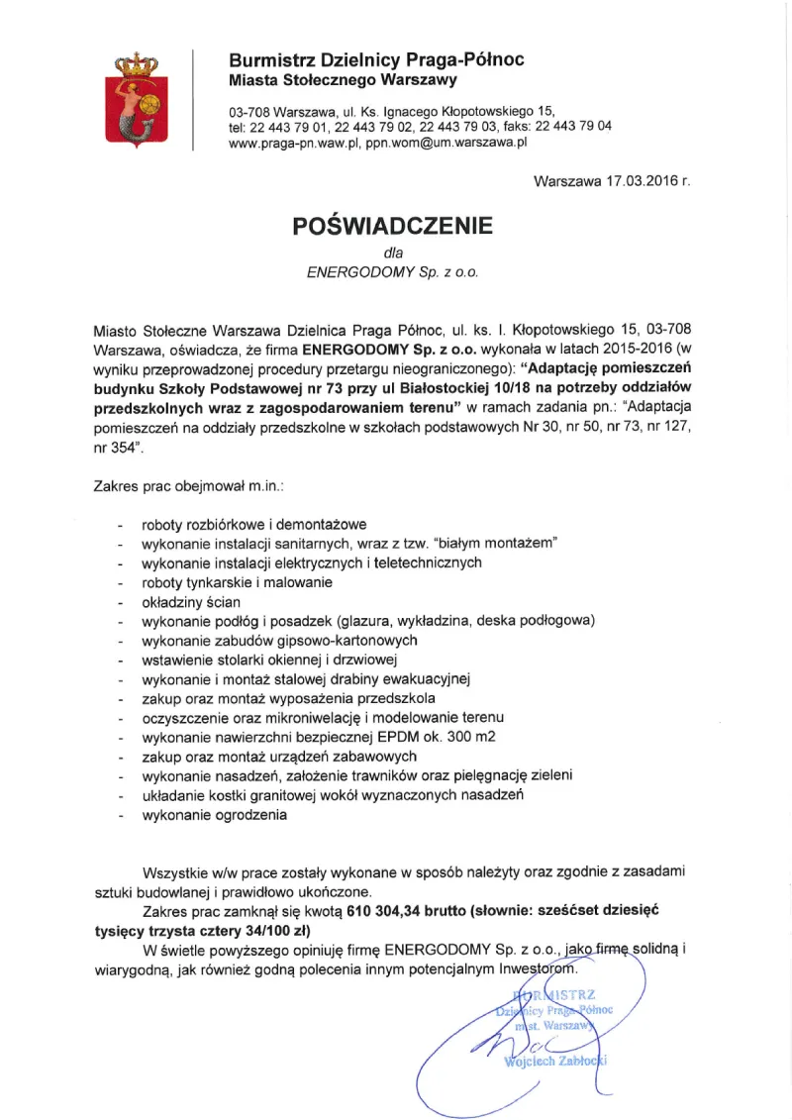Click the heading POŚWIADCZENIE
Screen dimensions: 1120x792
pos(392,226)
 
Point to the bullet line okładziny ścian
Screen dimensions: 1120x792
pos(191,601)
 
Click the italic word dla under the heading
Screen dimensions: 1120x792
pos(392,253)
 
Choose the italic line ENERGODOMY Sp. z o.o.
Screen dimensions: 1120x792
pos(392,271)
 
